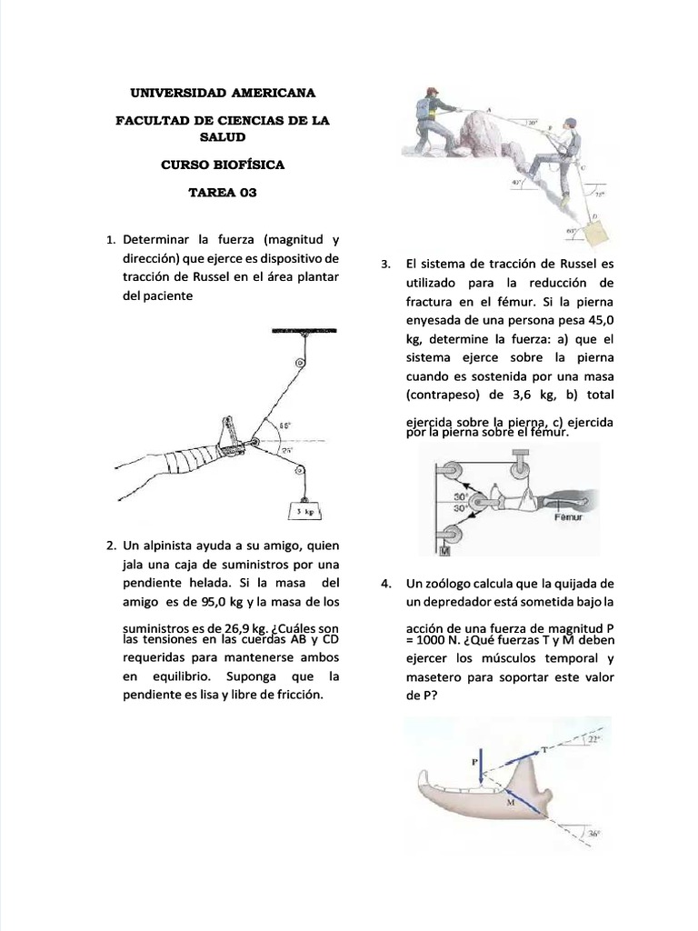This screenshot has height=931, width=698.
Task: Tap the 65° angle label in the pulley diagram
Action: pyautogui.click(x=284, y=425)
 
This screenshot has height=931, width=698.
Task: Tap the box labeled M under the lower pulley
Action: pyautogui.click(x=445, y=549)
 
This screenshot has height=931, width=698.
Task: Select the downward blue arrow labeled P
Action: pyautogui.click(x=482, y=769)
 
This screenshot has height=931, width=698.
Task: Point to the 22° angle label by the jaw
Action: pyautogui.click(x=595, y=740)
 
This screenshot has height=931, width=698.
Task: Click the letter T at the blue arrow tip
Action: pyautogui.click(x=543, y=749)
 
